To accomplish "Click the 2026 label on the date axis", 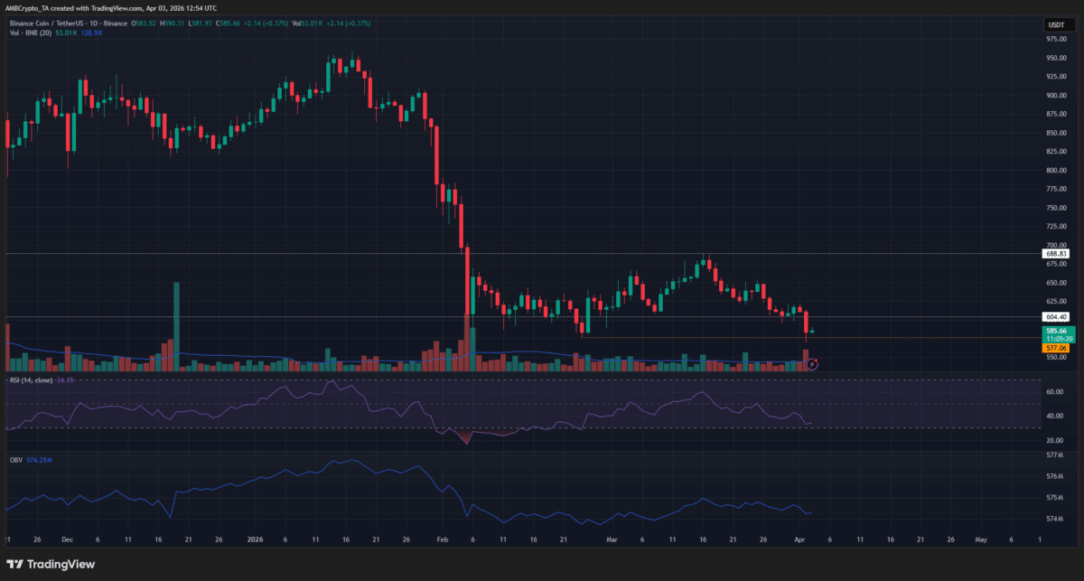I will (x=254, y=539).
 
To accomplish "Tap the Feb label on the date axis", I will (x=441, y=539).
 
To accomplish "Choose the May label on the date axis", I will (x=981, y=539).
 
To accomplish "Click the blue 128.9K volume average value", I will (x=91, y=32).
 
